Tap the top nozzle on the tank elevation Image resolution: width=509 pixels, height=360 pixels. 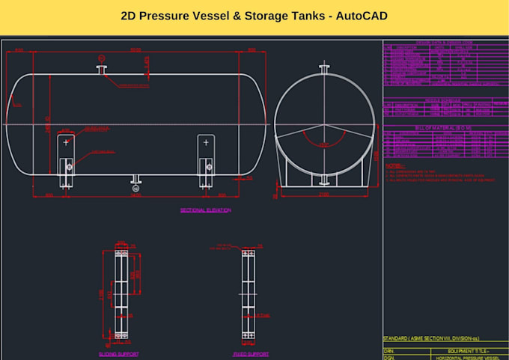(102, 70)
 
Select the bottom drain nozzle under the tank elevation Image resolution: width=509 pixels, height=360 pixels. (135, 180)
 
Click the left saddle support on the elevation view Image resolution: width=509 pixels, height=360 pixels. (67, 160)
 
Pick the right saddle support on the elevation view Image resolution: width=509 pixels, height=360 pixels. (206, 160)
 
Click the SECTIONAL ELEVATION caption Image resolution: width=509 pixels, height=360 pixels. (206, 210)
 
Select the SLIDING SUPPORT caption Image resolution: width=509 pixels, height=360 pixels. (118, 353)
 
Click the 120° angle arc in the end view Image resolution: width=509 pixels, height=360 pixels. (323, 139)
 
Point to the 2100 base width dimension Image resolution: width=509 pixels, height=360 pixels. (323, 194)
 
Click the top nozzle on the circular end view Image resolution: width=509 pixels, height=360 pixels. (323, 70)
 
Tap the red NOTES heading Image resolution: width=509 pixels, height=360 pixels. (394, 166)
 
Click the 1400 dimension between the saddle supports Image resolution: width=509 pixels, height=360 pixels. (135, 197)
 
